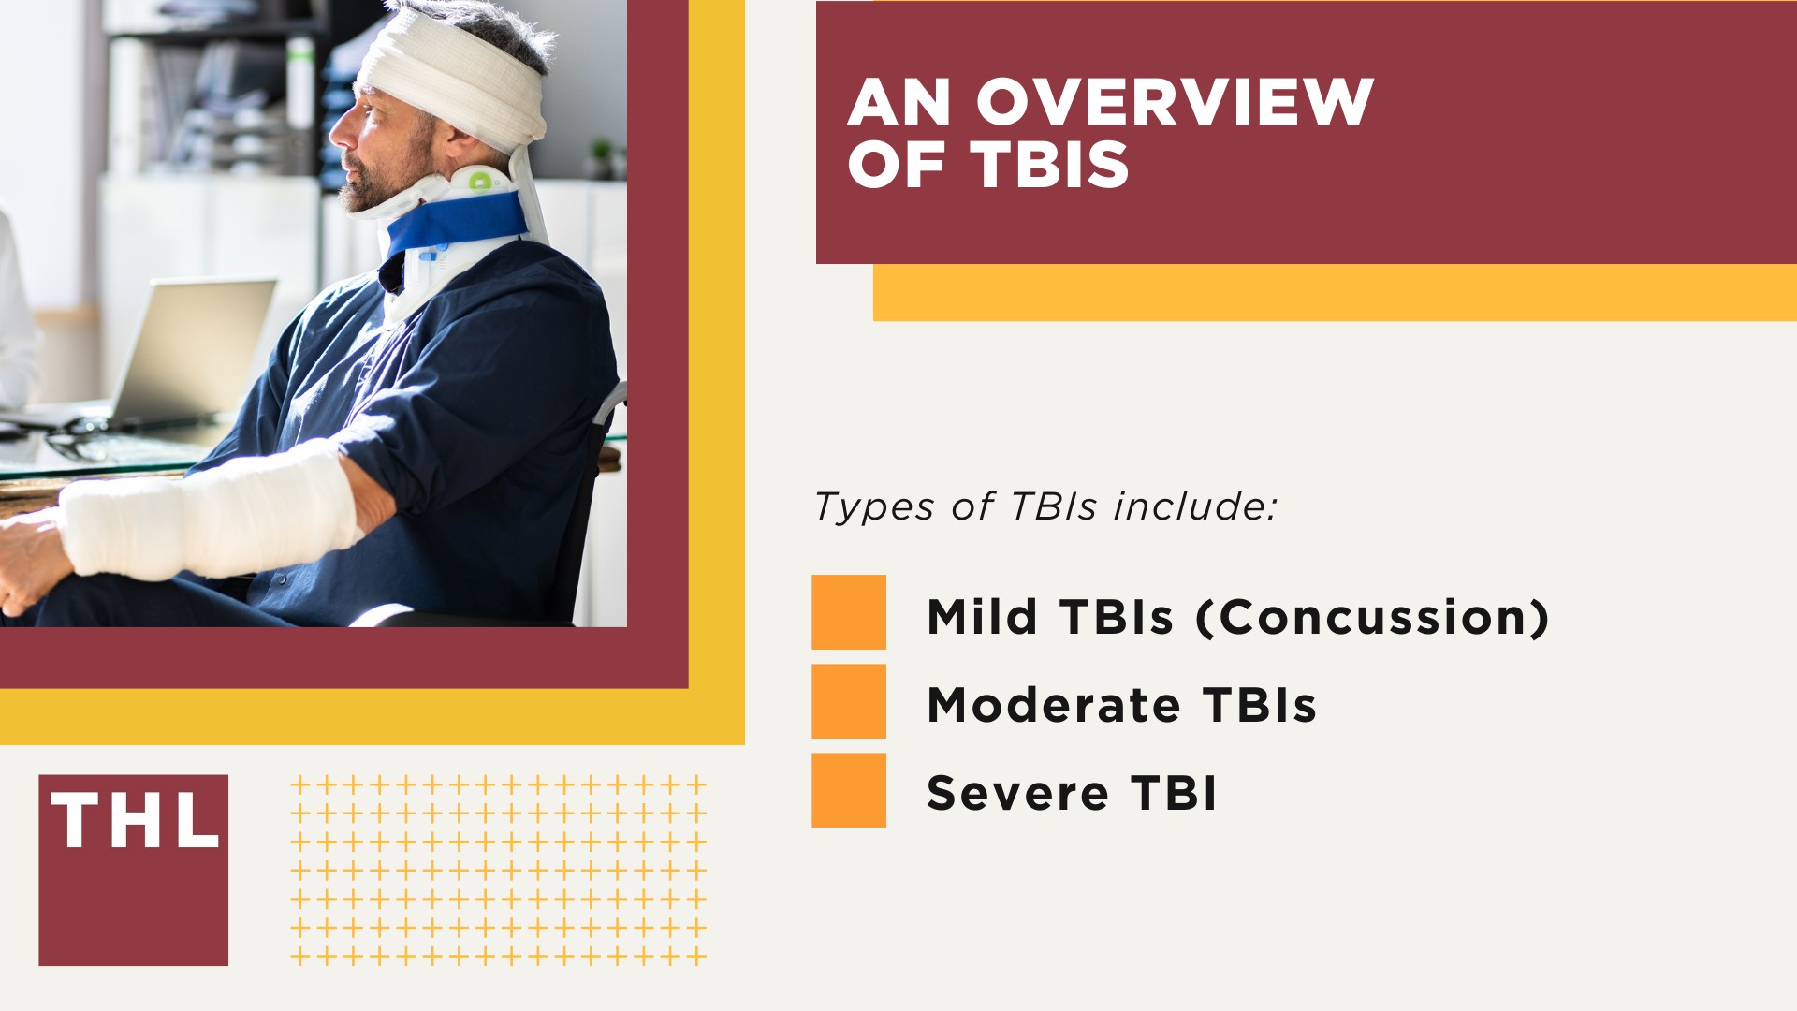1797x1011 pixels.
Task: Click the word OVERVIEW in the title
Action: [x=1175, y=102]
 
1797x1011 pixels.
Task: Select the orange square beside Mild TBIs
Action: [x=848, y=612]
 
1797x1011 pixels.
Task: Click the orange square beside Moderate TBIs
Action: [x=848, y=701]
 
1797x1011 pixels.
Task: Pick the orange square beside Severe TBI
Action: [x=848, y=790]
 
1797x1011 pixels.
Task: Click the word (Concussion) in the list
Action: [x=1372, y=618]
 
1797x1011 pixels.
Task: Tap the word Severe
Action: [x=1017, y=794]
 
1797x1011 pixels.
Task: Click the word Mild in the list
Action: [x=982, y=618]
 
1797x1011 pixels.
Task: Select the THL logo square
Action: [x=133, y=870]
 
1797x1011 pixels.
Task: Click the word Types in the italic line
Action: [x=874, y=507]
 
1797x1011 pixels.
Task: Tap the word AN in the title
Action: [x=898, y=102]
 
